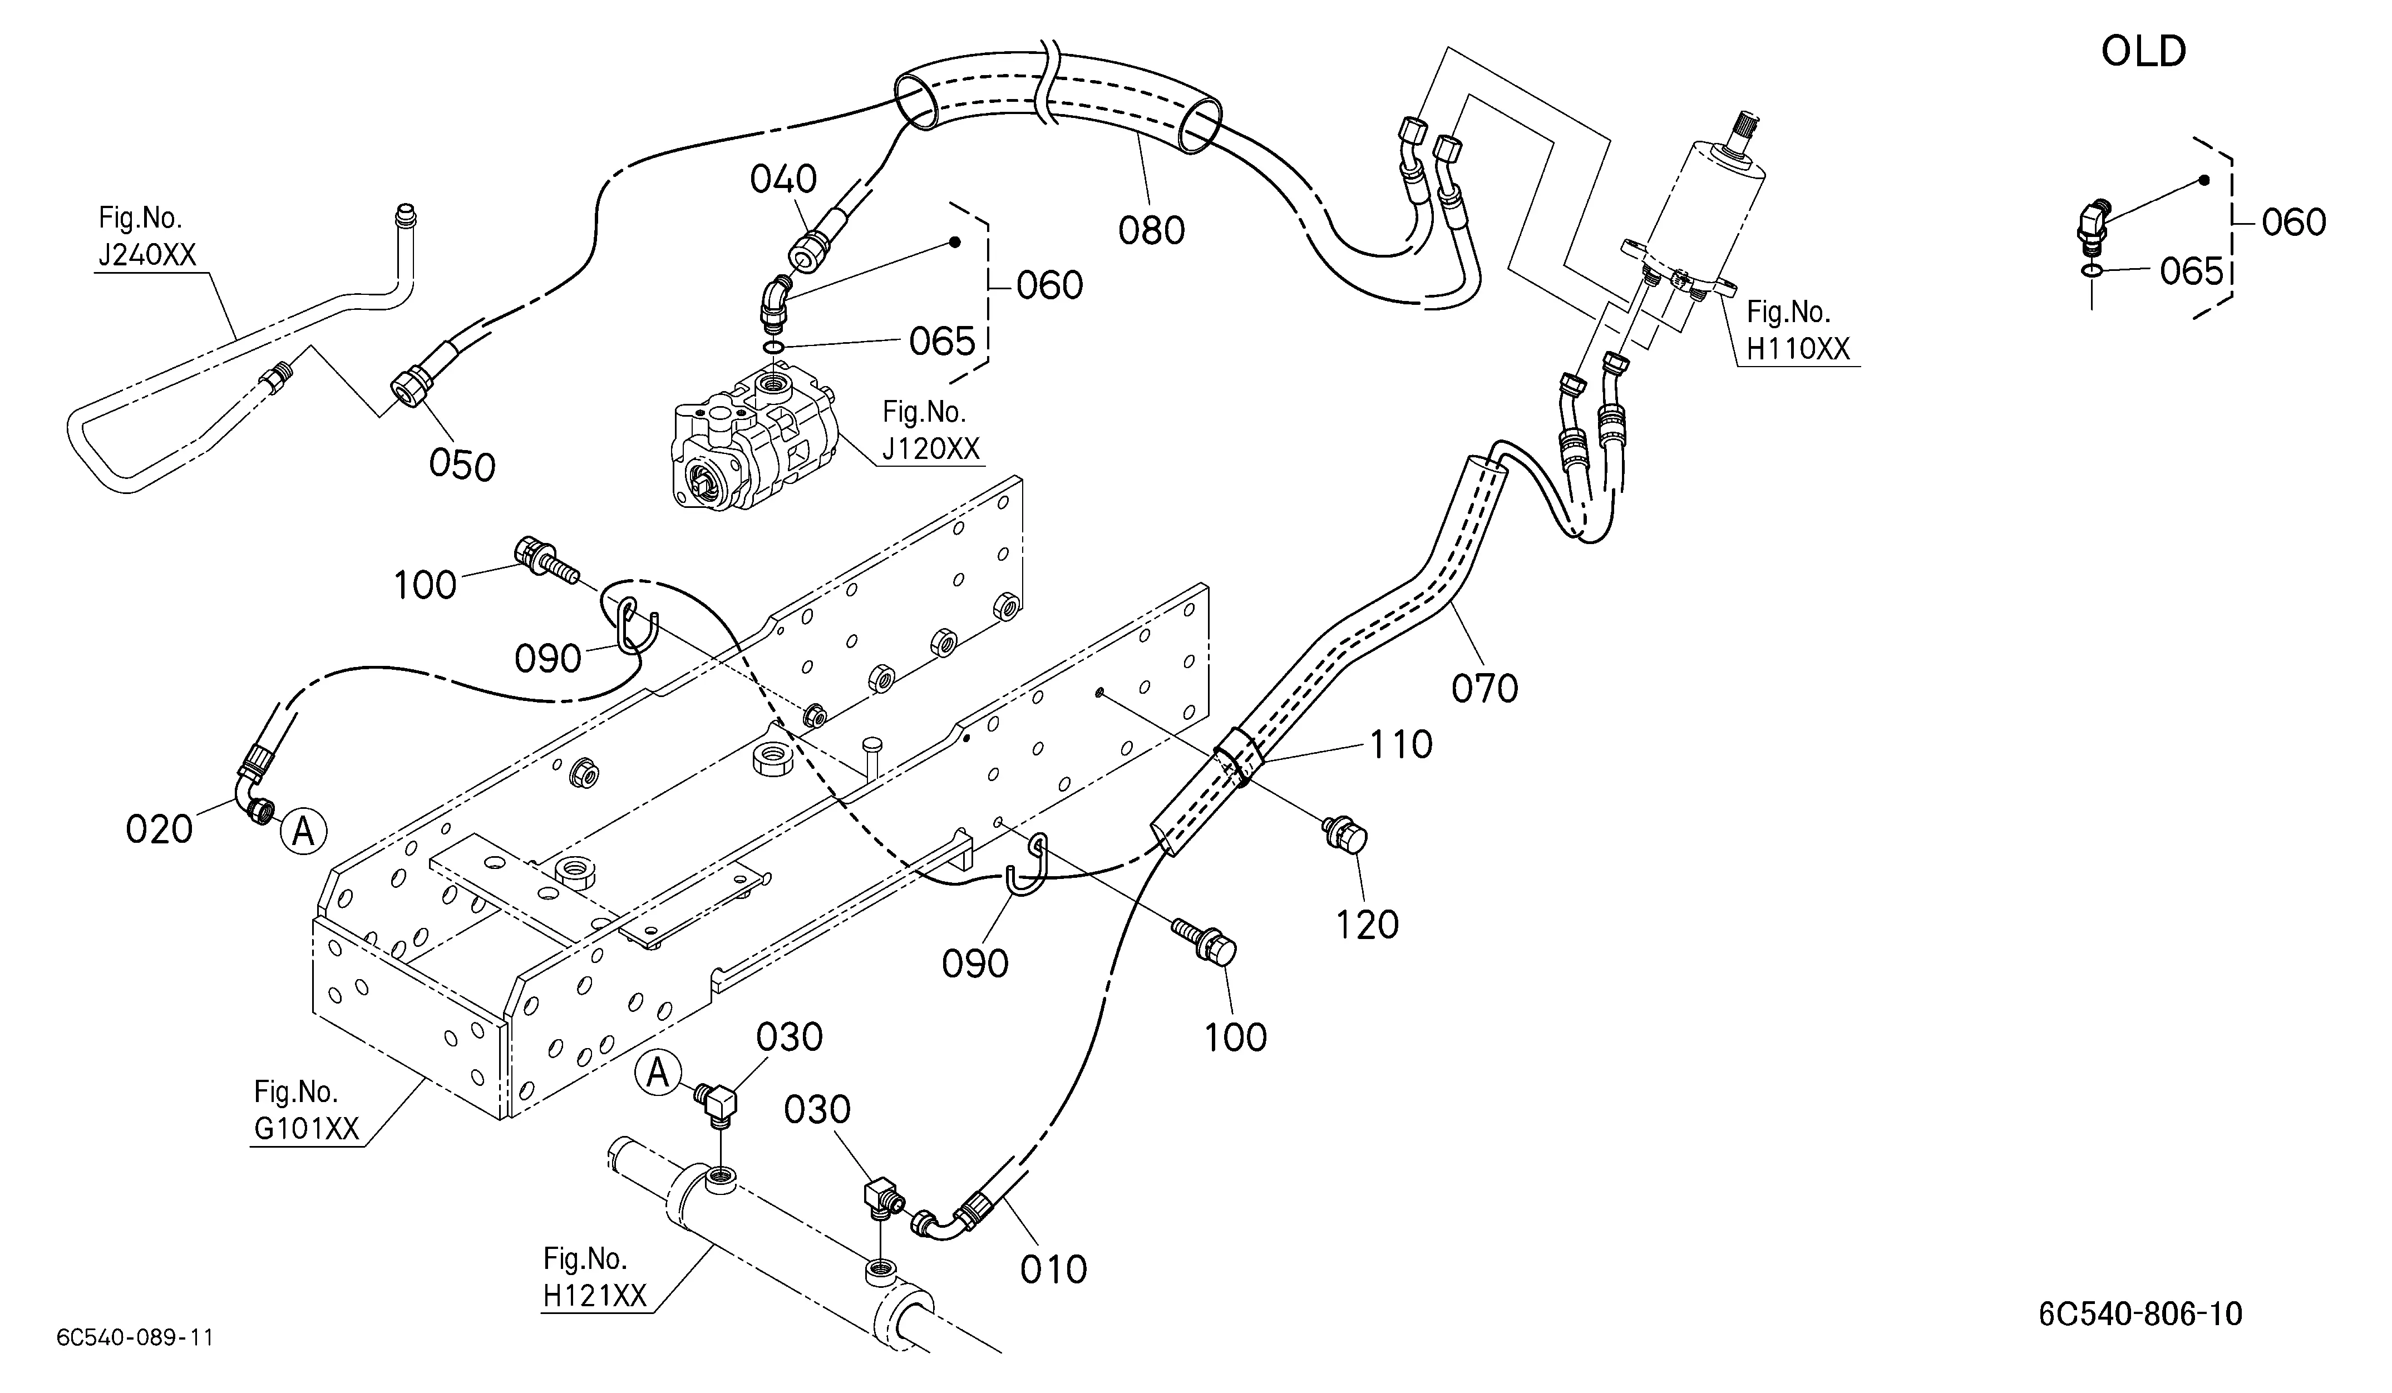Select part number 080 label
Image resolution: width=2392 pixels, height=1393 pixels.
[1151, 230]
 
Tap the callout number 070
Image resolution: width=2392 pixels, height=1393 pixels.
[1484, 689]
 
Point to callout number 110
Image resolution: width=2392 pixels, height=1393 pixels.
[1400, 745]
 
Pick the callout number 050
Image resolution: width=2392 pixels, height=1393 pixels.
[462, 466]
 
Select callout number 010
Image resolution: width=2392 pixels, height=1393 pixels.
[1054, 1269]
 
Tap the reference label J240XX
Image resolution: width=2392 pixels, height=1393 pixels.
[147, 254]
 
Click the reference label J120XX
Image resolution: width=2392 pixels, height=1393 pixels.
[930, 448]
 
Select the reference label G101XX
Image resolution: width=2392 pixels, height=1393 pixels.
[307, 1128]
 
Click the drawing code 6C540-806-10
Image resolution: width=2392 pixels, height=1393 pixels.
[2141, 1314]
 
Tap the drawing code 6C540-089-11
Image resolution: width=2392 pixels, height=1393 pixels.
[135, 1338]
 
